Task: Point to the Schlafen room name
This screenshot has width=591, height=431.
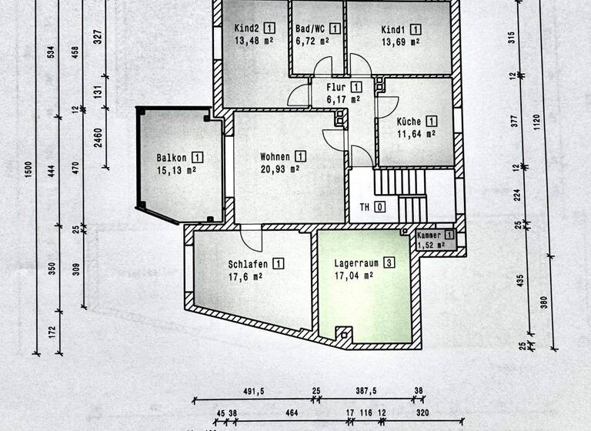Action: pos(247,262)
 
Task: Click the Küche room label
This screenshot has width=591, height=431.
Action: pos(409,121)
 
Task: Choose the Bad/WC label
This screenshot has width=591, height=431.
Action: pos(310,28)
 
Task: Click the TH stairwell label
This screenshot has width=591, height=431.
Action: pos(365,206)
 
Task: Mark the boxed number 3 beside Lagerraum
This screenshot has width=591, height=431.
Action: pos(389,262)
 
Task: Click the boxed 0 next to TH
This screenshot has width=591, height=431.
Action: pos(379,206)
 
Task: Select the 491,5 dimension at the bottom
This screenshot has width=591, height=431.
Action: pos(253,391)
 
